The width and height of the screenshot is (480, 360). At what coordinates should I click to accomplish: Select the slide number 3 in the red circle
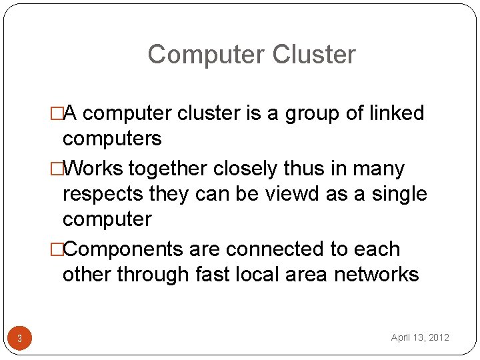pos(19,339)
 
